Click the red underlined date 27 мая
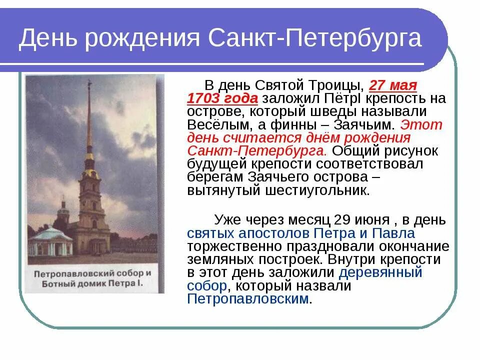click(393, 84)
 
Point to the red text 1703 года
click(222, 98)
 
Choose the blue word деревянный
click(380, 272)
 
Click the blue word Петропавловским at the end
click(248, 299)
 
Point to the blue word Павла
click(394, 233)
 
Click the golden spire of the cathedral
click(89, 120)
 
